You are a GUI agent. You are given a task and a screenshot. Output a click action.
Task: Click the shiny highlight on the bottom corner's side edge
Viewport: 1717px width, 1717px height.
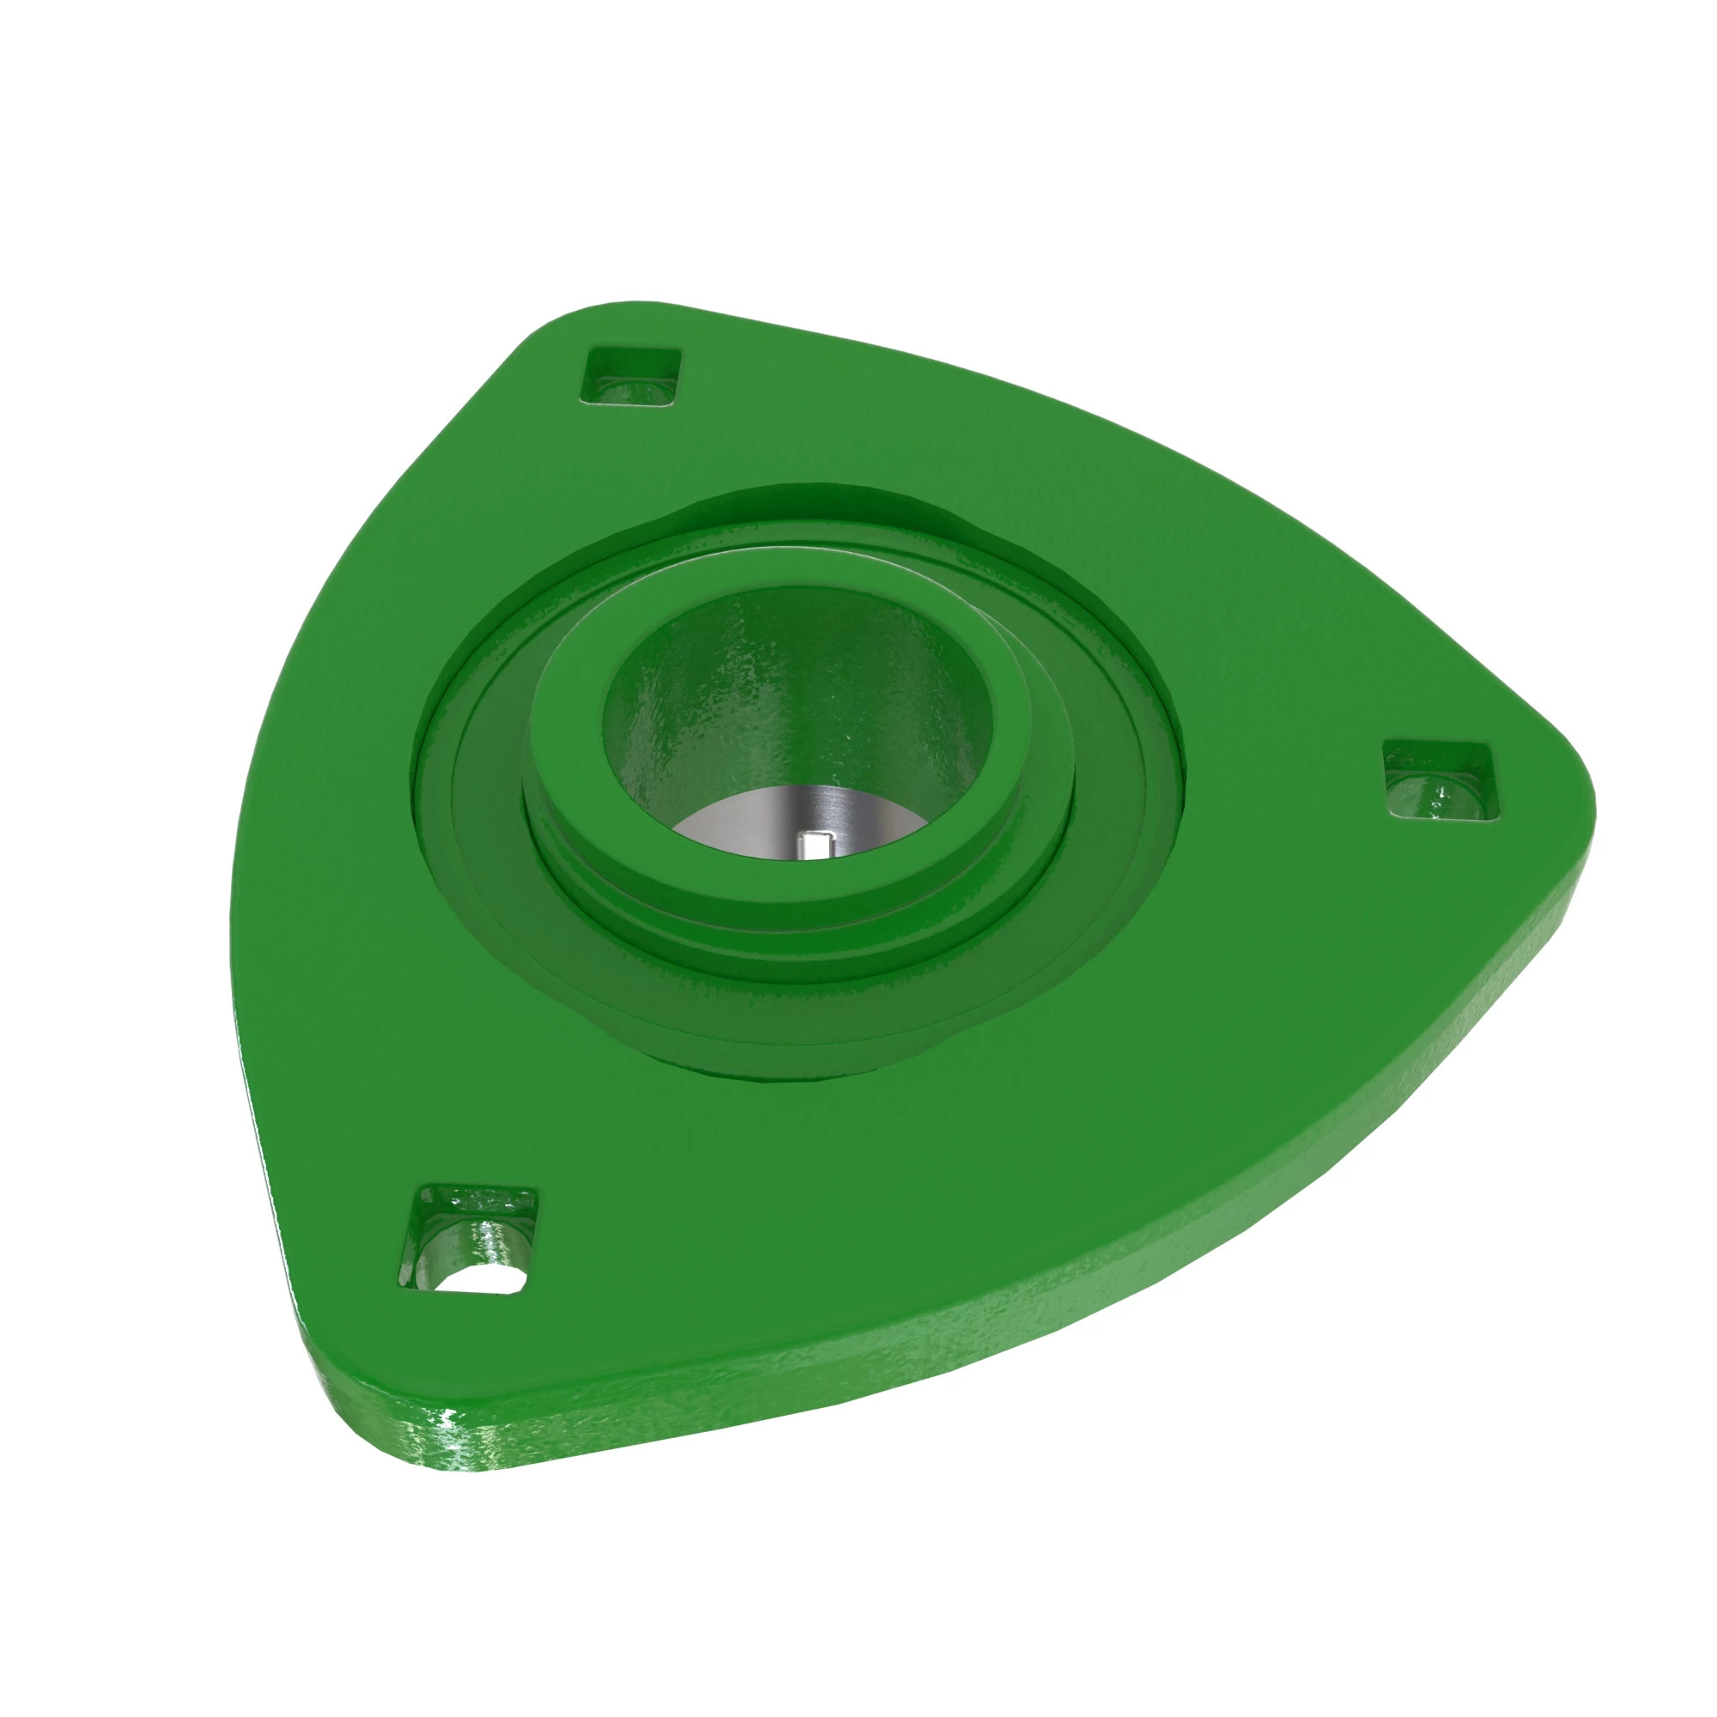pyautogui.click(x=462, y=1458)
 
